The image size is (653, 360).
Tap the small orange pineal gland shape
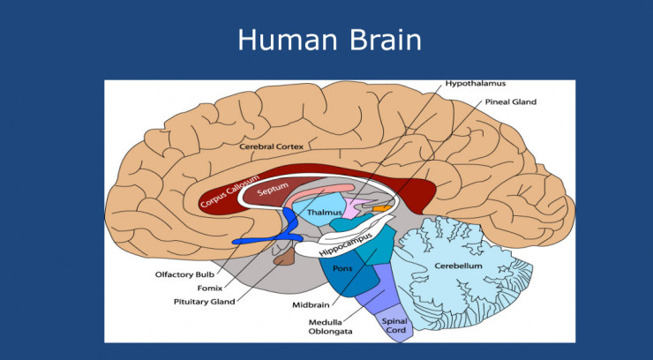[x=381, y=208]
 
